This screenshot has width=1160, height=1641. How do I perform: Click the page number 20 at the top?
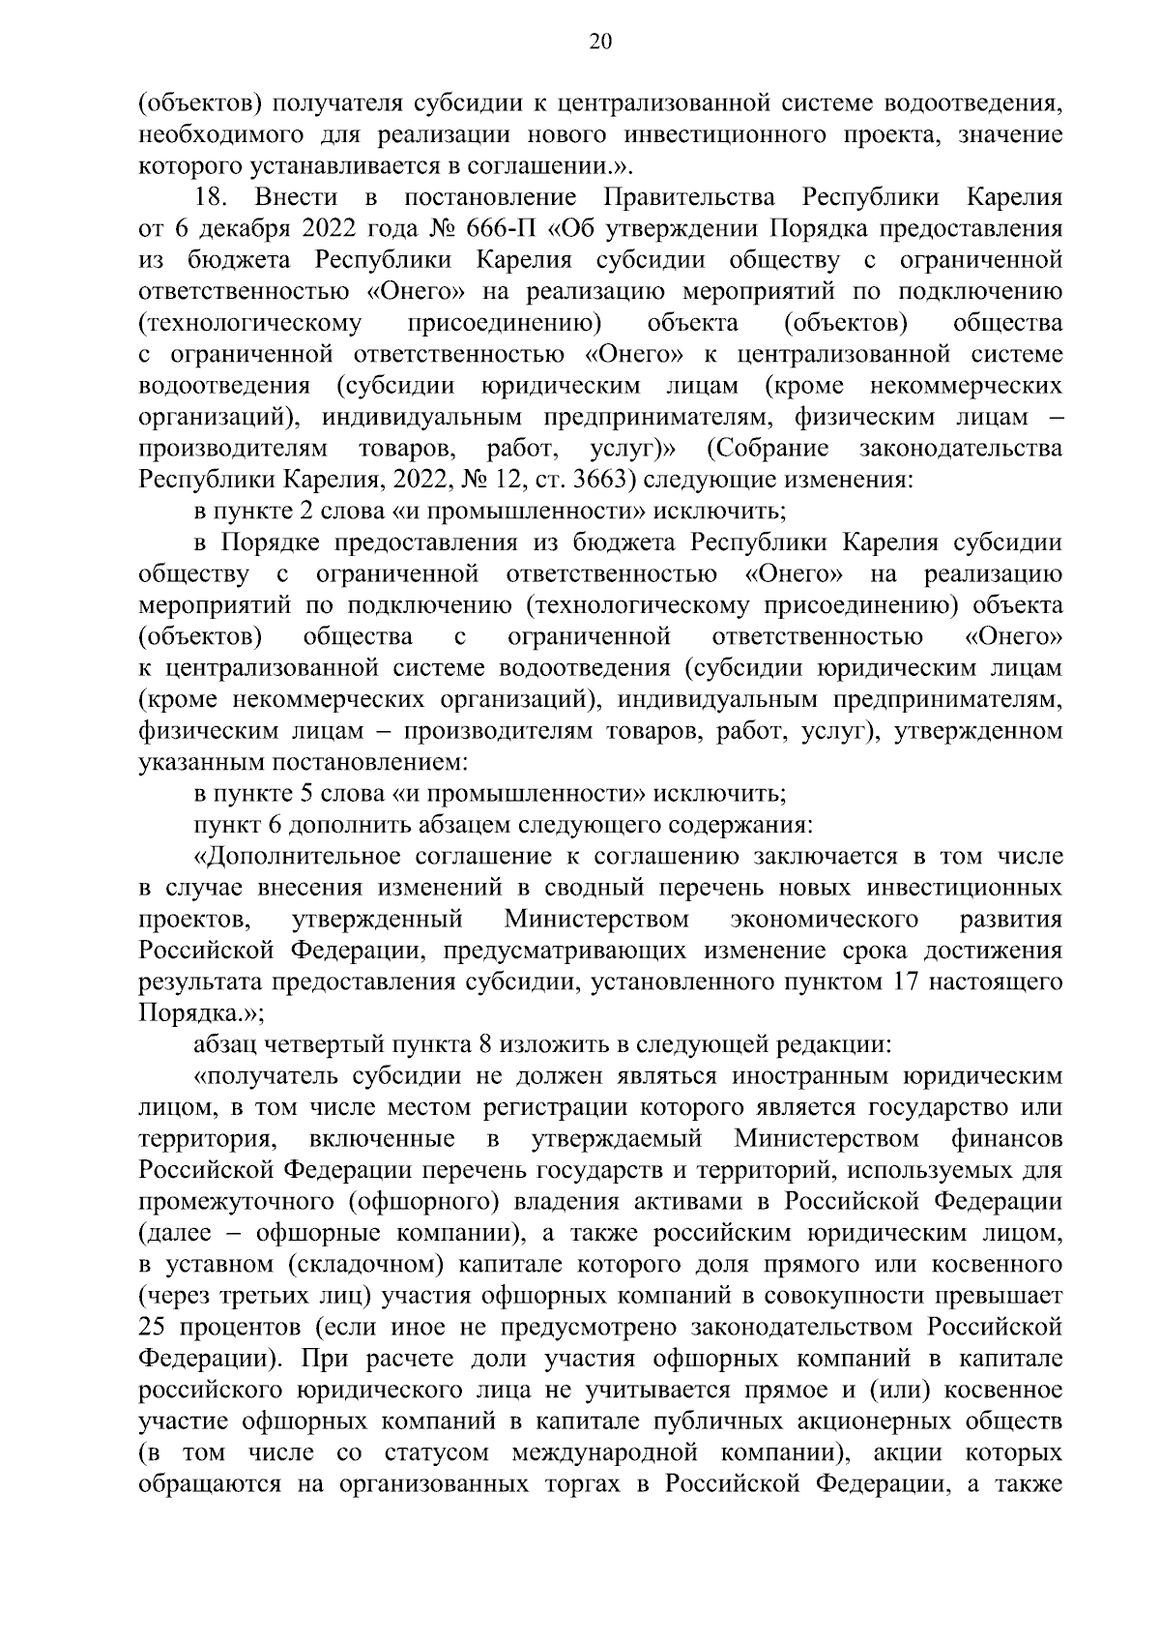[x=599, y=41]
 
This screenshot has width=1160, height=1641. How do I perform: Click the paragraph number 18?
[x=210, y=198]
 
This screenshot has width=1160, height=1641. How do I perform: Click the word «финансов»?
[x=1006, y=1139]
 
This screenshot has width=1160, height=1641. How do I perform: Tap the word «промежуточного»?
[x=227, y=1202]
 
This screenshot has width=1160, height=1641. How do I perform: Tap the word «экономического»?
[x=825, y=920]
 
